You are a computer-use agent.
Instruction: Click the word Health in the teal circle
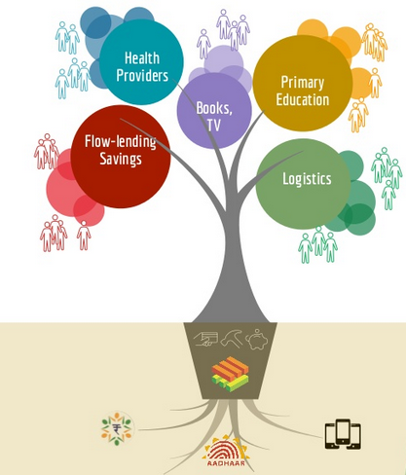click(x=142, y=58)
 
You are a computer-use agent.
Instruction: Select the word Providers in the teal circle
click(x=142, y=75)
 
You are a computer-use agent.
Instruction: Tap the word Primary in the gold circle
click(x=303, y=83)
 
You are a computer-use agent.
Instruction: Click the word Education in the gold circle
click(x=303, y=99)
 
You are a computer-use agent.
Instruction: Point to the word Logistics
click(x=307, y=179)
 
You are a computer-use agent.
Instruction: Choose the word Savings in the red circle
click(x=121, y=159)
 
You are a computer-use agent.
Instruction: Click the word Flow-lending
click(x=121, y=142)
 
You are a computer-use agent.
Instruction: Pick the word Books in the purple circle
click(x=214, y=108)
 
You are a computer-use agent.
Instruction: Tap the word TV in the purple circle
click(x=214, y=125)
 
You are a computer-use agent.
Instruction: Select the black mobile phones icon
click(x=343, y=434)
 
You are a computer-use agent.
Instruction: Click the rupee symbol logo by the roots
click(x=117, y=428)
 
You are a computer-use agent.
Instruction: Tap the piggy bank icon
click(x=257, y=340)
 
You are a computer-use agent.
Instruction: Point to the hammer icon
click(x=232, y=339)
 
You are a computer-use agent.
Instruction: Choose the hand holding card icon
click(x=205, y=340)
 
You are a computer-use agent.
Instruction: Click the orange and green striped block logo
click(x=230, y=374)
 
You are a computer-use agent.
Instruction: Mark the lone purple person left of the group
click(x=203, y=44)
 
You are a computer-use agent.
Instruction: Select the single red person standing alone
click(x=84, y=236)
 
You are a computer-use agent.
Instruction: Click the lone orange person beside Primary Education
click(x=375, y=83)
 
